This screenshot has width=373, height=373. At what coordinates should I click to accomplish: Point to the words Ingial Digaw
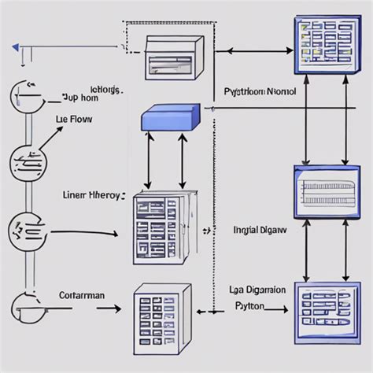tap(260, 231)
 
